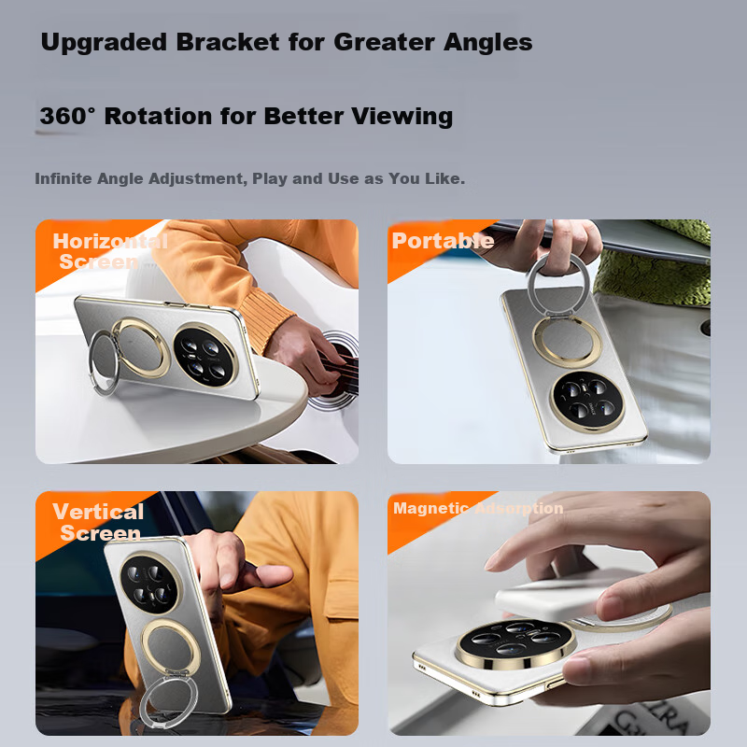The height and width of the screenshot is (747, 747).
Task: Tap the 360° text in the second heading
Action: (x=68, y=117)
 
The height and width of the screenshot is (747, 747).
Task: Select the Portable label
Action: (x=443, y=241)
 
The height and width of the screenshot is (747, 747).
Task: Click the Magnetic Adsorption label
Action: (x=478, y=509)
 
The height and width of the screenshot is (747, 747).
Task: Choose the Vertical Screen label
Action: (x=98, y=522)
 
